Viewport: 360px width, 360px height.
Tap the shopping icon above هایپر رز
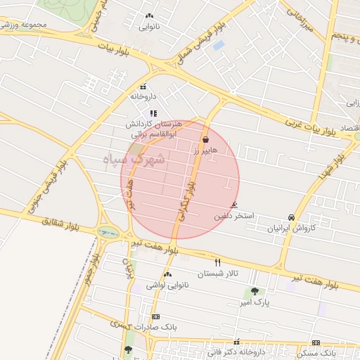205,140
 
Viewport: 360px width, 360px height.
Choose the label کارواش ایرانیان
290,228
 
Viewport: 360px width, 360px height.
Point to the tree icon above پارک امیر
254,290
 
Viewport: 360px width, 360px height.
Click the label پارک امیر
255,302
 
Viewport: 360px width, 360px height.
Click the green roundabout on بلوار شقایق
108,232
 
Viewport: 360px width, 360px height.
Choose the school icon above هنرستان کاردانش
153,113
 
